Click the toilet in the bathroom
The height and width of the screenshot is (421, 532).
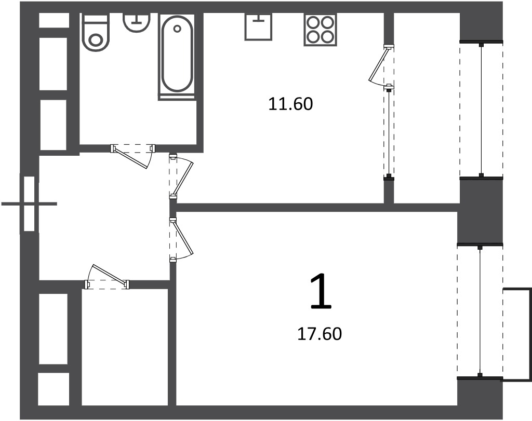(96, 32)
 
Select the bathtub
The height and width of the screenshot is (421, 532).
(177, 57)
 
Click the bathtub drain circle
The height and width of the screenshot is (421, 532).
(177, 29)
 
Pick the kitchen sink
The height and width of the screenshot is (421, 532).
(258, 27)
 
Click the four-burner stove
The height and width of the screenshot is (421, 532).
(321, 30)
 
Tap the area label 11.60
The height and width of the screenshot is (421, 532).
(290, 104)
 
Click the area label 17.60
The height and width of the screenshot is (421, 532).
(320, 334)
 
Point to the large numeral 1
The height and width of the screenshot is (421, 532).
(321, 292)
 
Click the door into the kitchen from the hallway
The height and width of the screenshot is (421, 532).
(181, 176)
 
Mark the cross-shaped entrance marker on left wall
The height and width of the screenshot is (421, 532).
(29, 203)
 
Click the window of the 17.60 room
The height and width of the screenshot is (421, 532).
(480, 311)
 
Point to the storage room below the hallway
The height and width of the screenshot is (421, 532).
(125, 347)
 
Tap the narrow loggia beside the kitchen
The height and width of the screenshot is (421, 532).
(427, 108)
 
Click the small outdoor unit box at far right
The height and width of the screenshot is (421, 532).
(517, 335)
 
